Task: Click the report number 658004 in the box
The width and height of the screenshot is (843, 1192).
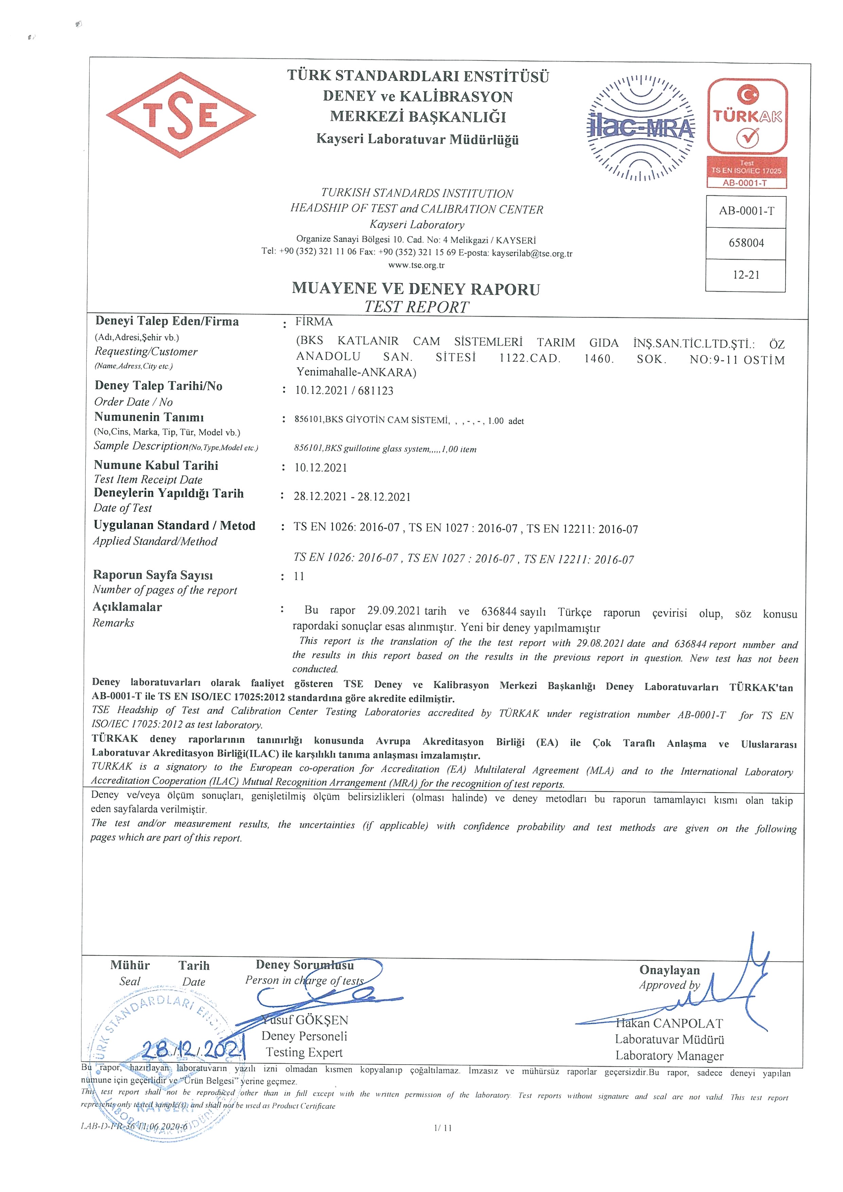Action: pyautogui.click(x=746, y=243)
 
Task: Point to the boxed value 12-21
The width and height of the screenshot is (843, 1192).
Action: pyautogui.click(x=746, y=275)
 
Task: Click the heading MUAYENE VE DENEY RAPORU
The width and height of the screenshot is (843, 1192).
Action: pyautogui.click(x=416, y=288)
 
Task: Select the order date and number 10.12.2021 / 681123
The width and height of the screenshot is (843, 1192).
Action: pyautogui.click(x=344, y=390)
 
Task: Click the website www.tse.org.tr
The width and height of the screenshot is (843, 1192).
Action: pyautogui.click(x=416, y=265)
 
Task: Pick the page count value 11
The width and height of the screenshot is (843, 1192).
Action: pyautogui.click(x=299, y=576)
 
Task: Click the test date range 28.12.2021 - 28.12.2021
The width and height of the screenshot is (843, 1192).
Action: pyautogui.click(x=352, y=496)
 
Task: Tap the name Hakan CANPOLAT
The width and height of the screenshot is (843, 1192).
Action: pyautogui.click(x=670, y=1023)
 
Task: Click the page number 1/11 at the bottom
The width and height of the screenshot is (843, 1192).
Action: pyautogui.click(x=443, y=1128)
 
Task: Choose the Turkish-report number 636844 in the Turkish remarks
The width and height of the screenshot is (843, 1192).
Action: pyautogui.click(x=500, y=612)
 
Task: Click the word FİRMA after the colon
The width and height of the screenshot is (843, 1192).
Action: pyautogui.click(x=314, y=321)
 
